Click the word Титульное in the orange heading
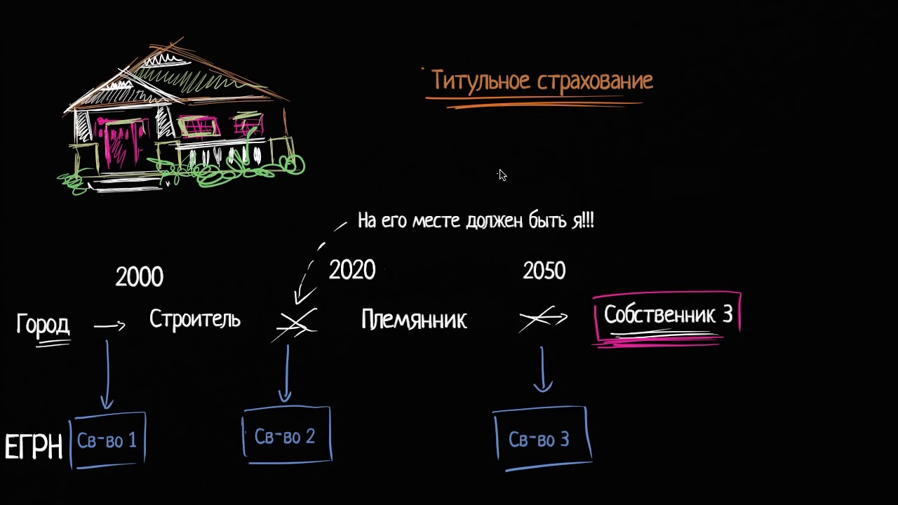pyautogui.click(x=481, y=81)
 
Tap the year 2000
pyautogui.click(x=140, y=277)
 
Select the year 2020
pyautogui.click(x=352, y=270)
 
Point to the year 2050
pyautogui.click(x=544, y=271)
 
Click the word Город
pyautogui.click(x=43, y=325)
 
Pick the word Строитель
pyautogui.click(x=195, y=320)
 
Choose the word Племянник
pyautogui.click(x=414, y=321)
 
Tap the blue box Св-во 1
pyautogui.click(x=108, y=440)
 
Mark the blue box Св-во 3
pyautogui.click(x=540, y=440)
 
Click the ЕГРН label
pyautogui.click(x=34, y=447)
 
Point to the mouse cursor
pyautogui.click(x=502, y=175)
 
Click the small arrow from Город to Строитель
pyautogui.click(x=109, y=325)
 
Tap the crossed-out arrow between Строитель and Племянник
pyautogui.click(x=296, y=324)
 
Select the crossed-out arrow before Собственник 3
pyautogui.click(x=542, y=319)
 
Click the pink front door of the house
pyautogui.click(x=112, y=145)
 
